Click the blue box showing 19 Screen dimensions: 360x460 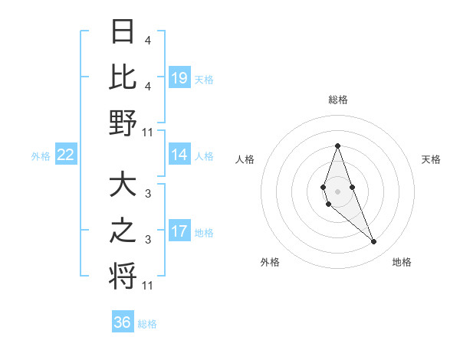[179, 77]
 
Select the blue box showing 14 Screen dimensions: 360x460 [179, 155]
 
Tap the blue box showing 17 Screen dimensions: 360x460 [179, 231]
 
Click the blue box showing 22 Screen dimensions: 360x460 [66, 155]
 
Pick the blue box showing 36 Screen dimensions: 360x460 [123, 322]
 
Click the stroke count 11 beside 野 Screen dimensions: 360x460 [148, 133]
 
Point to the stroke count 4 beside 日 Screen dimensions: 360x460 [148, 40]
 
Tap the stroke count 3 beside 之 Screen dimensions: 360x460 [148, 240]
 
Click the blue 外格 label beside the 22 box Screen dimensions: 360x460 [41, 156]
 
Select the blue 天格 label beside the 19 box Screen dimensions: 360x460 [204, 78]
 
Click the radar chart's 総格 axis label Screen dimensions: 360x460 [337, 100]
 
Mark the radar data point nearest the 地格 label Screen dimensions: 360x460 [373, 242]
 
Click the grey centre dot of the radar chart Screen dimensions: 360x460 [337, 191]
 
